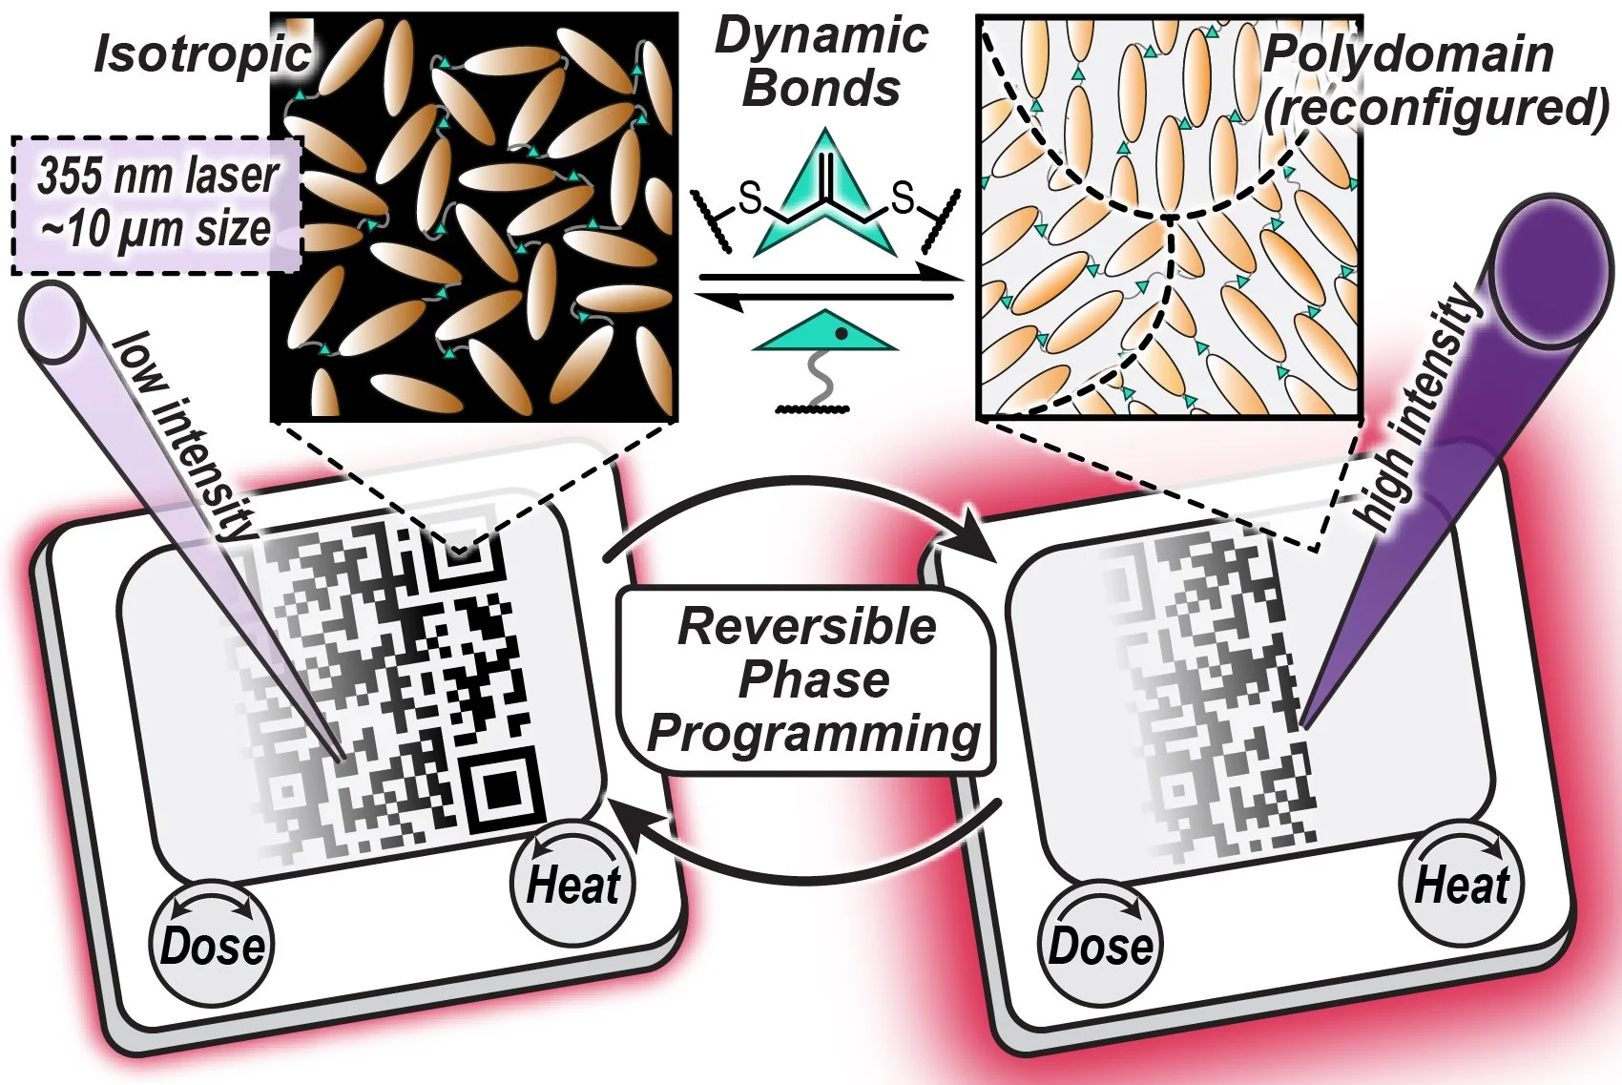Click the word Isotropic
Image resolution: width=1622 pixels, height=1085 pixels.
click(x=202, y=54)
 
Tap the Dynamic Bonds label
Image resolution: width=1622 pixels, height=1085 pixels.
click(x=821, y=62)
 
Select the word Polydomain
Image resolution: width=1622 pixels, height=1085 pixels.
click(x=1408, y=54)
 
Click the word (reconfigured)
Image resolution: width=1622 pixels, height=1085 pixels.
click(x=1436, y=108)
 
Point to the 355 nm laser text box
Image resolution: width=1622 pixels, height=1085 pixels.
click(x=156, y=204)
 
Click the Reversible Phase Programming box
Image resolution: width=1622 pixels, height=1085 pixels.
click(x=807, y=680)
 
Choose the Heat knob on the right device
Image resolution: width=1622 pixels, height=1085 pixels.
click(x=1461, y=884)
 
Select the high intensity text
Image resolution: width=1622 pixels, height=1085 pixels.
click(x=1418, y=408)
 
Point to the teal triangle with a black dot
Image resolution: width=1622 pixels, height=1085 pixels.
click(x=826, y=332)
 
